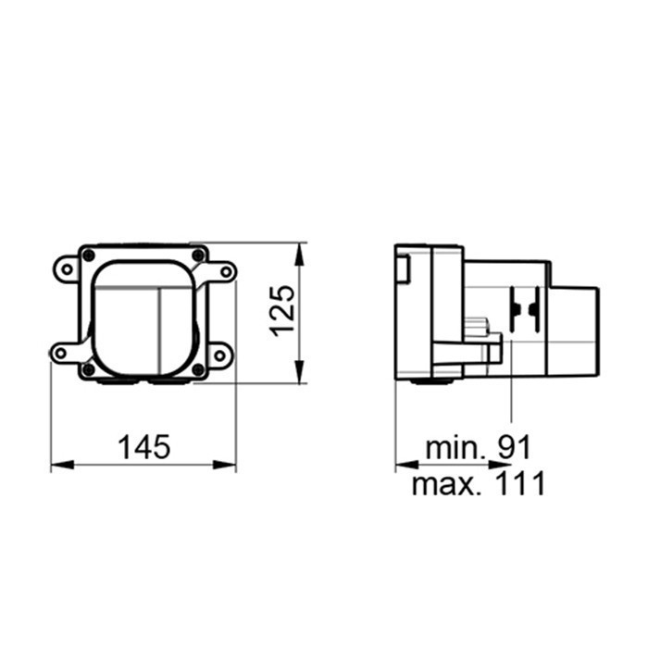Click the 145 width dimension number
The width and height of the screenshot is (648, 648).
point(144,447)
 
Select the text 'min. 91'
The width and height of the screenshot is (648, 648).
point(479,447)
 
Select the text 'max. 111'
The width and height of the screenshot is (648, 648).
point(479,483)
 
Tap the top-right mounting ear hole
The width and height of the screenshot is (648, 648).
point(224,270)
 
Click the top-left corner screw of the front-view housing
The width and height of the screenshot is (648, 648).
point(88,255)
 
